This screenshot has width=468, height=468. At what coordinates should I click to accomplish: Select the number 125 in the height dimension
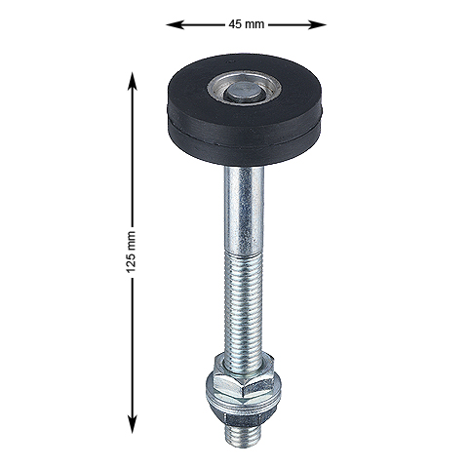pos(132,243)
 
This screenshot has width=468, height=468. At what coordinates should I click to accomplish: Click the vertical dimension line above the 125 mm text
pos(132,156)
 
